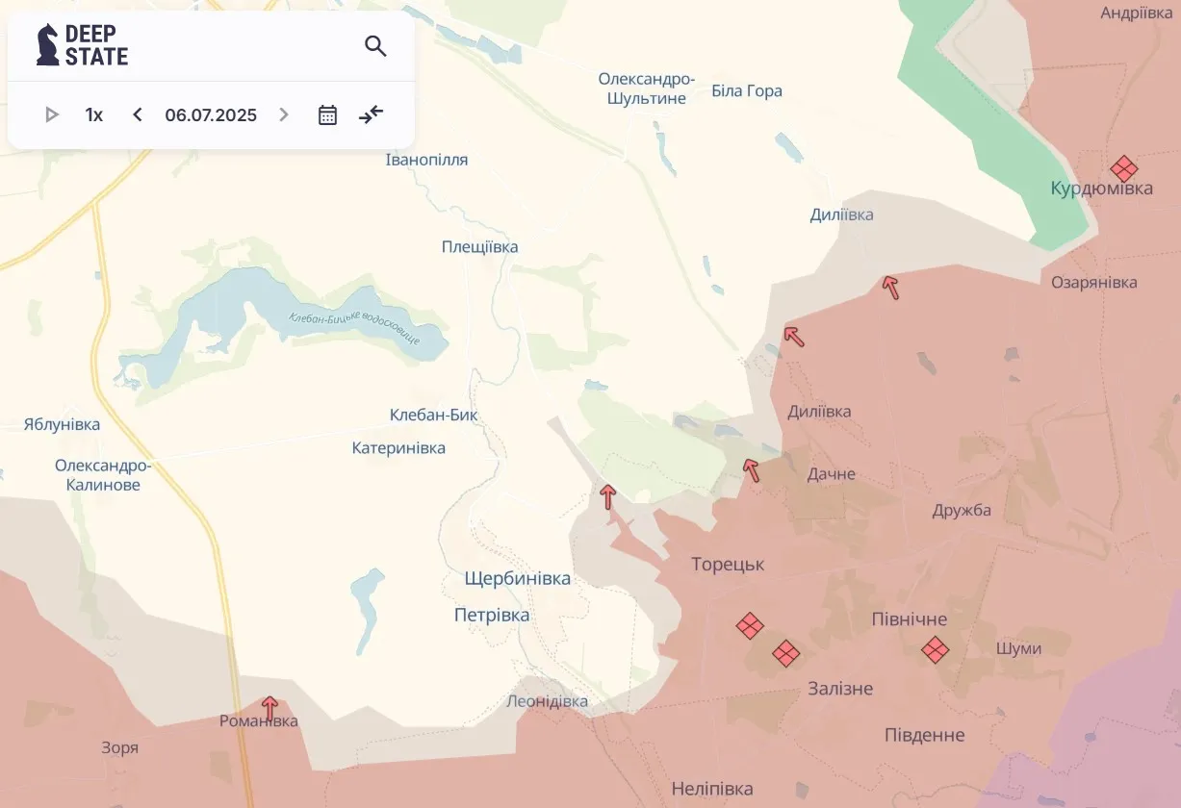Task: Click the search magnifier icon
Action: pos(375,45)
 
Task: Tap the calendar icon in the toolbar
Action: pos(327,115)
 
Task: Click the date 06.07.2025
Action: pos(211,115)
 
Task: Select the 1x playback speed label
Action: pos(94,115)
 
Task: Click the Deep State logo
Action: pos(83,45)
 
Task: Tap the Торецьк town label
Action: pos(728,565)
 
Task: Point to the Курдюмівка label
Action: pos(1101,189)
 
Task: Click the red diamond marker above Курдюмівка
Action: pos(1123,169)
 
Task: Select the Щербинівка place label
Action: pos(517,579)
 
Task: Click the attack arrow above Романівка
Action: pos(270,707)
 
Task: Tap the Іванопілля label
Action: pos(426,160)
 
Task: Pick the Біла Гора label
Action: pos(747,91)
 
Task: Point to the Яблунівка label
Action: pos(62,424)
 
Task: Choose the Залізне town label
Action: pos(840,689)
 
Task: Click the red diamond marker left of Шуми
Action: pos(935,649)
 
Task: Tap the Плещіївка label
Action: pos(479,247)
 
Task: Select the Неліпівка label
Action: pos(712,790)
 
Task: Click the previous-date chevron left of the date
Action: pos(138,115)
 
